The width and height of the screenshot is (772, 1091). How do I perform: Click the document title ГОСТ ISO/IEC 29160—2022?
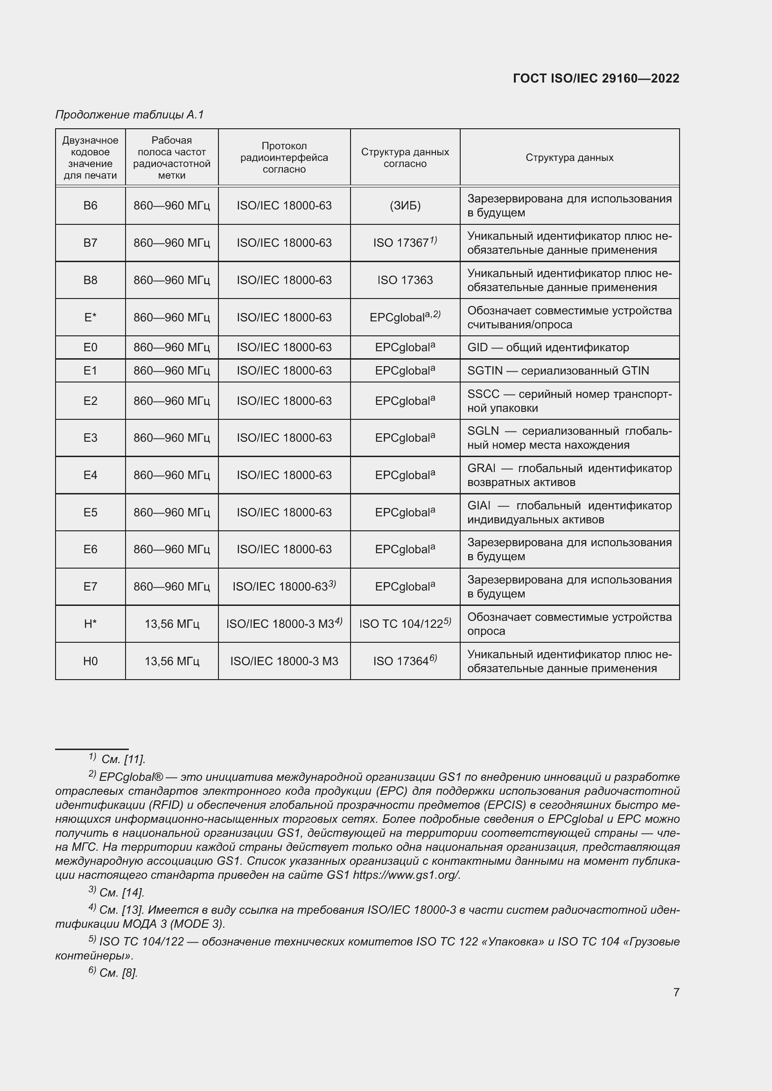(596, 78)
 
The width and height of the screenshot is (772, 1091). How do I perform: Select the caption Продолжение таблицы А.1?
(129, 115)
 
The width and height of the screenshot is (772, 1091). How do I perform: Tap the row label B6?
(91, 206)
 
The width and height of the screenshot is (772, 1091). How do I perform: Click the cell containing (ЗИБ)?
(405, 206)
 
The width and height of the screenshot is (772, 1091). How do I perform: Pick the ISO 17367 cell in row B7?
(405, 243)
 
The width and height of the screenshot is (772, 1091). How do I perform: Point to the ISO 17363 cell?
(405, 280)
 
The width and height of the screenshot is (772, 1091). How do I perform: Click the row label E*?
(91, 318)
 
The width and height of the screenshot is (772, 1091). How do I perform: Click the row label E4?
(91, 475)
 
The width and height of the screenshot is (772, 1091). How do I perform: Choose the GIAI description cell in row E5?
(569, 512)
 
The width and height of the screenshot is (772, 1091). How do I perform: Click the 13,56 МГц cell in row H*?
(172, 624)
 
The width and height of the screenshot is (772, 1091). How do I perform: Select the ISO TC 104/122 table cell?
(405, 624)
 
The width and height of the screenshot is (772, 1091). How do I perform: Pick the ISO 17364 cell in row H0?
(405, 661)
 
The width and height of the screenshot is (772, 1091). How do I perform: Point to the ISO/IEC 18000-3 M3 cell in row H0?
(284, 661)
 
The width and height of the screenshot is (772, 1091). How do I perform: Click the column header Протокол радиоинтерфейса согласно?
(284, 157)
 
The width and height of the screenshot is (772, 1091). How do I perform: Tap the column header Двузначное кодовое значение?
(91, 157)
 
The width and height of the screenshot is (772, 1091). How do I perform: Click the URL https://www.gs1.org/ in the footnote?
(406, 875)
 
